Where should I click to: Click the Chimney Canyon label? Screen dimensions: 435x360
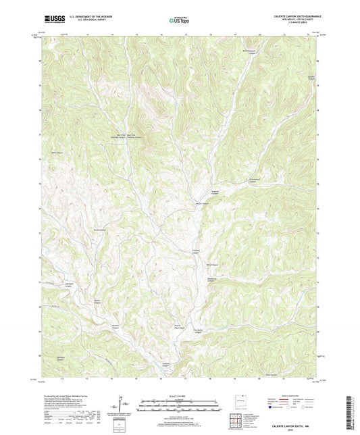(x=196, y=253)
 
